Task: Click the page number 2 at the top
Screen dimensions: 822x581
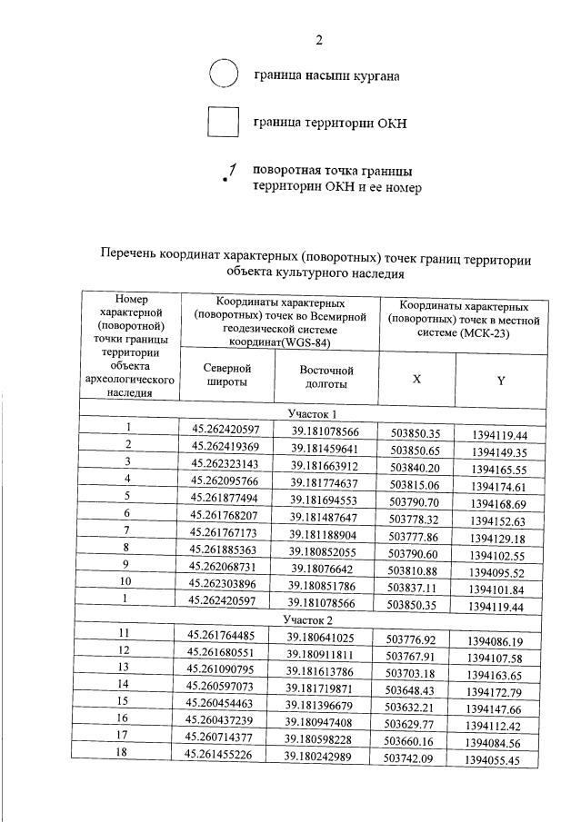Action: tap(318, 39)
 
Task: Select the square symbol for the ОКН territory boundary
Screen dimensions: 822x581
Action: tap(223, 122)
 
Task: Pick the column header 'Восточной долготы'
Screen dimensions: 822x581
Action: tap(326, 377)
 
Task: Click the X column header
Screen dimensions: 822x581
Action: tap(416, 378)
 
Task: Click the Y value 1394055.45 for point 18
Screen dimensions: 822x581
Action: tap(496, 760)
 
